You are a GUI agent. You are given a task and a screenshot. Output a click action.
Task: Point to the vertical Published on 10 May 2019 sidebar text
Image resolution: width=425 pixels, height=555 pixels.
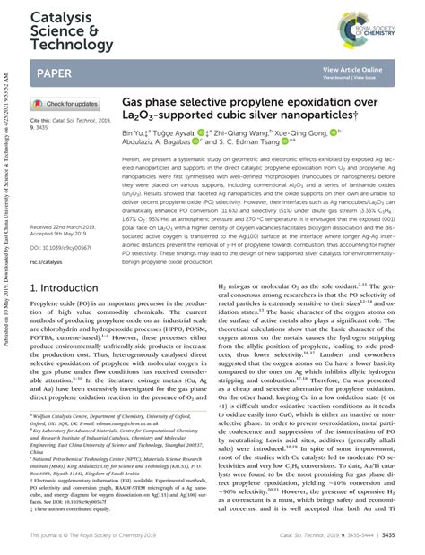pyautogui.click(x=8, y=179)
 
